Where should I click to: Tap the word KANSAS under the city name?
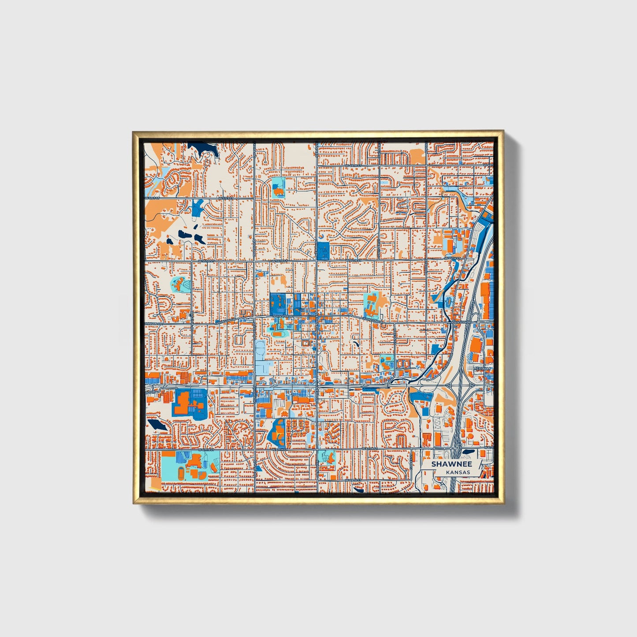458,472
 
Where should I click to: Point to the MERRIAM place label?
481,368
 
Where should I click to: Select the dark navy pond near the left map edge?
156,425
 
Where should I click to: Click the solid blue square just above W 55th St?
323,250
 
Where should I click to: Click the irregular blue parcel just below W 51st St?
197,208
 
